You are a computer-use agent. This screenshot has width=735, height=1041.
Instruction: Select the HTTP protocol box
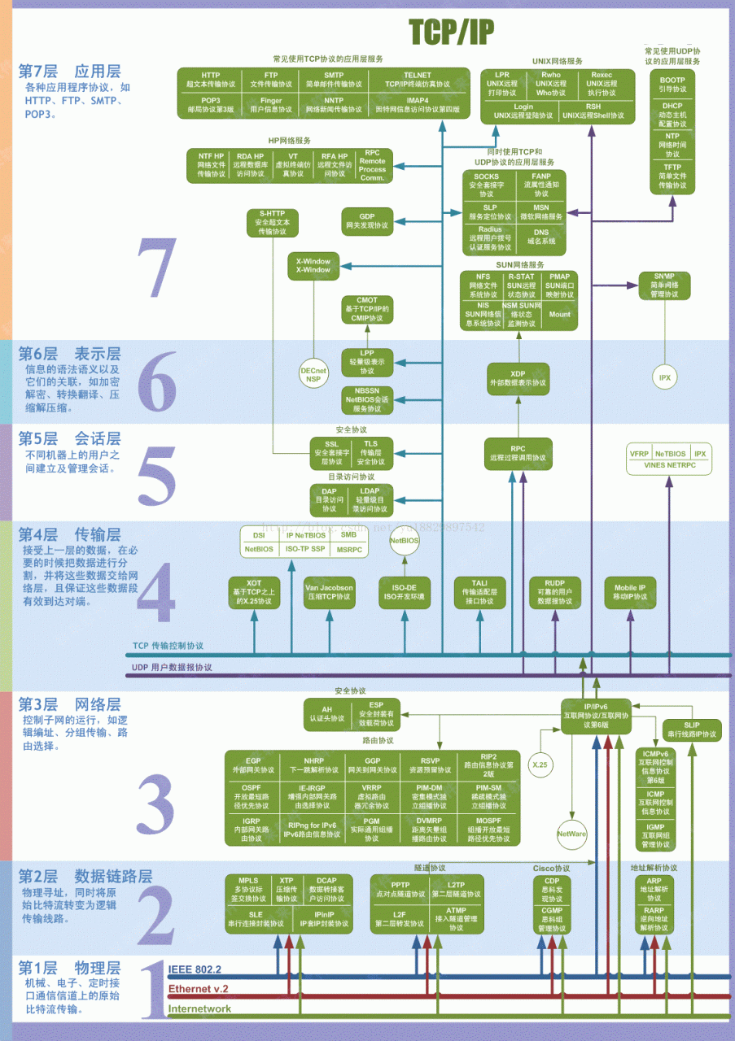point(210,80)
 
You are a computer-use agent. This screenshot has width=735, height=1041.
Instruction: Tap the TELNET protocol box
point(417,80)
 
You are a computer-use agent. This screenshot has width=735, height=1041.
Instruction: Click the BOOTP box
point(672,84)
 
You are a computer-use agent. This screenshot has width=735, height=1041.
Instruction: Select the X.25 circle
point(540,764)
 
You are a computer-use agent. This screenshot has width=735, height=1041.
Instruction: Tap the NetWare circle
point(571,834)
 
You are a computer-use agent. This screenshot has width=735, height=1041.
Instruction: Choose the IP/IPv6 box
point(597,715)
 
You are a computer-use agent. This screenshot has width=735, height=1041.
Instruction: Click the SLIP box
point(692,730)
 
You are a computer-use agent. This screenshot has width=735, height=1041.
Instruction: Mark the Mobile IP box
point(629,591)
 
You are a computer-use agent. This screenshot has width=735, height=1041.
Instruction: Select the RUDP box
point(554,591)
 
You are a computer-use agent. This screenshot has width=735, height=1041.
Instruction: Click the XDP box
point(518,378)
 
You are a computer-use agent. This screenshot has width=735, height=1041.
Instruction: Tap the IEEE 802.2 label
point(195,969)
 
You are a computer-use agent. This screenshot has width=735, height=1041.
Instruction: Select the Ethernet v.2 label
point(198,989)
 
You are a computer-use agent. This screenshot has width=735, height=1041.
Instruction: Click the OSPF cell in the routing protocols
point(252,793)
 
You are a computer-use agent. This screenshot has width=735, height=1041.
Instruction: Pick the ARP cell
point(654,885)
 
